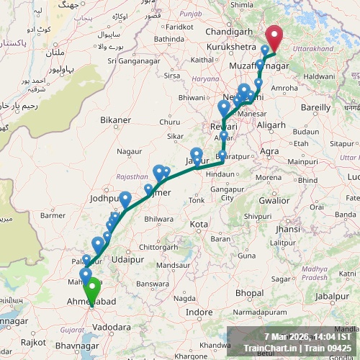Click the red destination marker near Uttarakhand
(x=275, y=37)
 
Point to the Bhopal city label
(x=248, y=293)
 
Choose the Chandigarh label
(x=229, y=32)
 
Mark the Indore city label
(x=199, y=312)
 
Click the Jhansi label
(x=287, y=229)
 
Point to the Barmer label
(x=53, y=215)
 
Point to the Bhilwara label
(x=159, y=219)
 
